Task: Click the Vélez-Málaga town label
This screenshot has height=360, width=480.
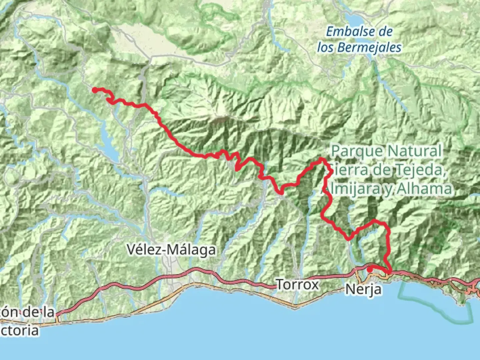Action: click(171, 250)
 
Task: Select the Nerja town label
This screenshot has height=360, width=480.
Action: click(363, 289)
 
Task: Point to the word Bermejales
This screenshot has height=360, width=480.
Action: click(369, 47)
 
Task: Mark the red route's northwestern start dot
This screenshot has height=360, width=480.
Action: click(95, 90)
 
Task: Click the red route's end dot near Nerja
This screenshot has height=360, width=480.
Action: click(370, 269)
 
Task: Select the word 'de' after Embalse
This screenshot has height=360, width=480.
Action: click(385, 32)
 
